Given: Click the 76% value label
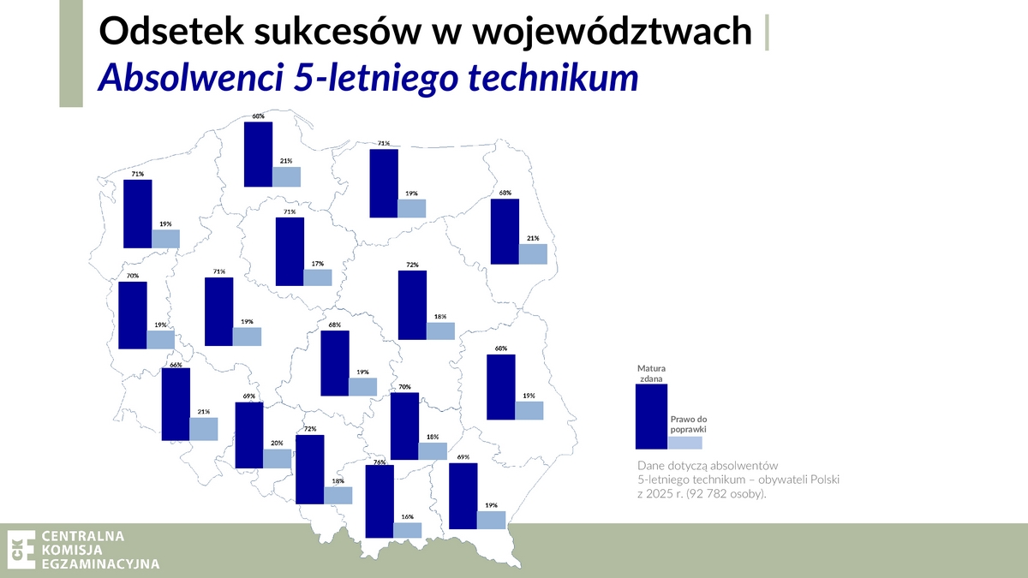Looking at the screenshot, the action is (x=380, y=462).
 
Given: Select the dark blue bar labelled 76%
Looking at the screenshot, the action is (x=380, y=502).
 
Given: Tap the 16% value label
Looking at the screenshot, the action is (x=408, y=516).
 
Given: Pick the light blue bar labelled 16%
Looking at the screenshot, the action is (x=408, y=530).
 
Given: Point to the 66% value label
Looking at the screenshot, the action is (x=176, y=365).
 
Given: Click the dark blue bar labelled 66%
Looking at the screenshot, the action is (x=176, y=404).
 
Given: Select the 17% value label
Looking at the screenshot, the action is (x=318, y=264).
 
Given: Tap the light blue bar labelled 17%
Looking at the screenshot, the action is (x=318, y=277).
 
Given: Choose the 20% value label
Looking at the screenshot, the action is (x=277, y=444).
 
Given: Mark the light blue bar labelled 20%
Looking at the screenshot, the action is (x=278, y=459).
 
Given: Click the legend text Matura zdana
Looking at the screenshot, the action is (x=651, y=373).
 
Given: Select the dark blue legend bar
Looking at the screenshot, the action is (x=651, y=416).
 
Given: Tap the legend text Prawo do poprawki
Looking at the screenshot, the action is (x=689, y=425).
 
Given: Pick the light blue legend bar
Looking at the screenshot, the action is (x=684, y=443).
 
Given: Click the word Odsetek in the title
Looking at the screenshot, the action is (x=171, y=31).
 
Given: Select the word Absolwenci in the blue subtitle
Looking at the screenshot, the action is (x=190, y=76).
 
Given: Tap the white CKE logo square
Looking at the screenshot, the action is (x=21, y=550).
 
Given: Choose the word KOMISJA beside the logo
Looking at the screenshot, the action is (x=72, y=550).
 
